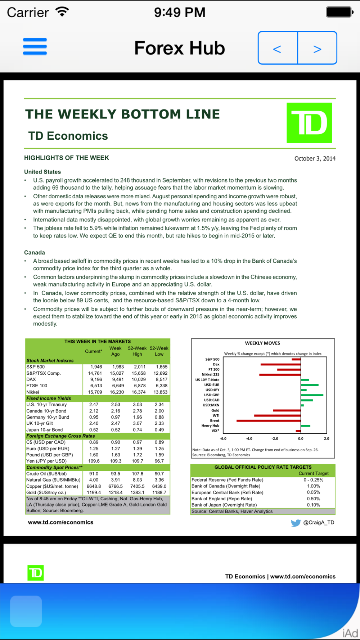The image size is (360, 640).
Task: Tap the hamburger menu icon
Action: click(x=35, y=46)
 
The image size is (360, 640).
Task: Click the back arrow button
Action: click(x=277, y=48)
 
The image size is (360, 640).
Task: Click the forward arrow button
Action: click(x=317, y=48)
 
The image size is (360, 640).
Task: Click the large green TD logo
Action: click(x=309, y=123)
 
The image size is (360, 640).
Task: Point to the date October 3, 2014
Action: click(x=315, y=158)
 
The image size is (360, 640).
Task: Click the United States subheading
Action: click(x=42, y=172)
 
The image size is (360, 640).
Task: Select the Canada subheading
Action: click(x=35, y=252)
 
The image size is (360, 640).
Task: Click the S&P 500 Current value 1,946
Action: click(x=96, y=367)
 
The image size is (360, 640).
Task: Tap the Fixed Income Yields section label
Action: click(x=49, y=398)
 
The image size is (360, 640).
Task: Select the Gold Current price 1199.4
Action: click(x=94, y=492)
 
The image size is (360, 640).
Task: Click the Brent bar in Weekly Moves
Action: click(x=269, y=420)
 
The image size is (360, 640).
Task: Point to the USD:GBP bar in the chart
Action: click(x=312, y=395)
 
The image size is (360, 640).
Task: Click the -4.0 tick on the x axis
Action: click(x=249, y=438)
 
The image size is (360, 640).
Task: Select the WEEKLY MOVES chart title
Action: click(x=262, y=343)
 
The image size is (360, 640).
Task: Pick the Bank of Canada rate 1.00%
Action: click(x=313, y=486)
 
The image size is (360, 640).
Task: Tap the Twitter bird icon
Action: click(x=296, y=523)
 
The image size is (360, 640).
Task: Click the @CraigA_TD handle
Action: click(x=319, y=522)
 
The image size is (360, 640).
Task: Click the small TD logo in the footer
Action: click(x=36, y=573)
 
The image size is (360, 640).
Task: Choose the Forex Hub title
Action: click(x=179, y=48)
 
